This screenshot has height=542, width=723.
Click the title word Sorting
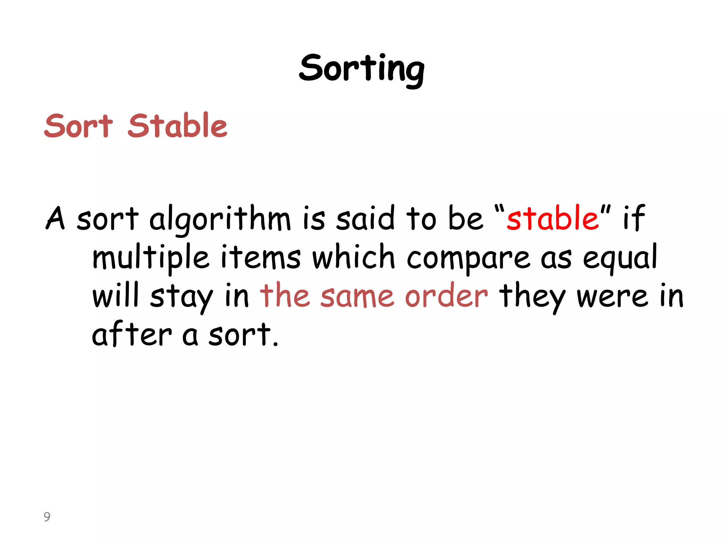pyautogui.click(x=361, y=69)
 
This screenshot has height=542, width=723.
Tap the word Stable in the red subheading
pyautogui.click(x=178, y=126)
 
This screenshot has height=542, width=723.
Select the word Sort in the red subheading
pyautogui.click(x=78, y=126)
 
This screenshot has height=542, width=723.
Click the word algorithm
pyautogui.click(x=220, y=219)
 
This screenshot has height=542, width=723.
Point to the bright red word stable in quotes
pyautogui.click(x=552, y=218)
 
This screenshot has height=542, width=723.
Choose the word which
pyautogui.click(x=353, y=257)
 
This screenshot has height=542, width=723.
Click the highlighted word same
pyautogui.click(x=357, y=296)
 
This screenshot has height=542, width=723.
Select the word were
pyautogui.click(x=612, y=296)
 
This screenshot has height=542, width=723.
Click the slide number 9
pyautogui.click(x=47, y=517)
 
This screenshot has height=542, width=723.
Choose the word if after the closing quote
pyautogui.click(x=634, y=218)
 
